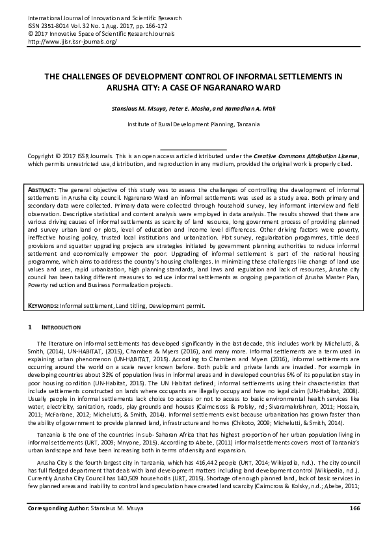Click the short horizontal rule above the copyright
coord(193,150)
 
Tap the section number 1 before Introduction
coord(30,326)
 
